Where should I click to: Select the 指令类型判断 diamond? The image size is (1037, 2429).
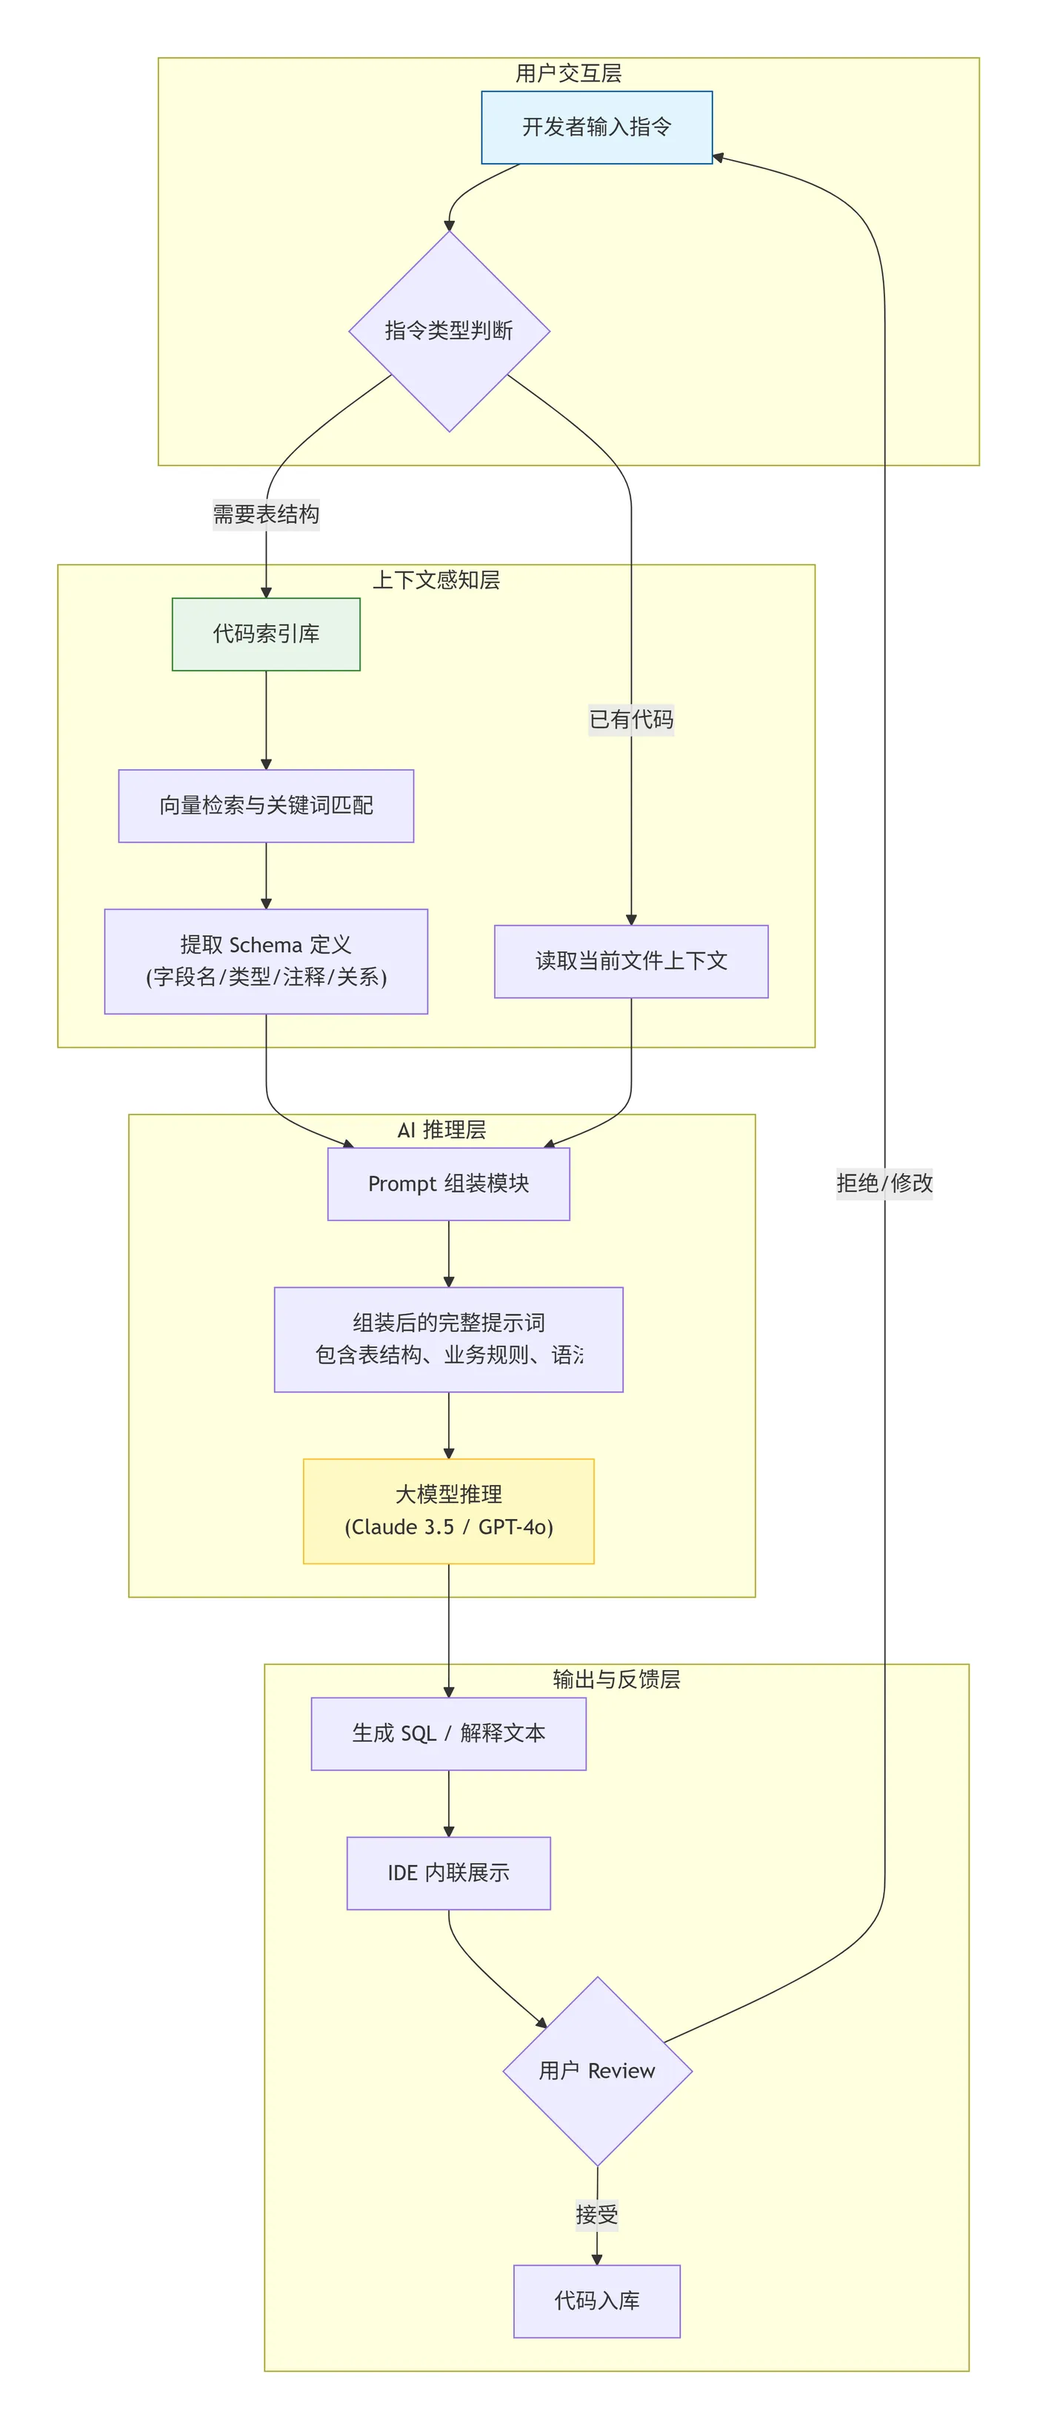coord(449,331)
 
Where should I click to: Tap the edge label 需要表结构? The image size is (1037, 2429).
coord(266,514)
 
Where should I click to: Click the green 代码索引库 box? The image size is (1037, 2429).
coord(266,634)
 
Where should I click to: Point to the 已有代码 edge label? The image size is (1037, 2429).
coord(630,720)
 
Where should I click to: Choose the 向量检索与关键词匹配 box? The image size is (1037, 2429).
coord(266,805)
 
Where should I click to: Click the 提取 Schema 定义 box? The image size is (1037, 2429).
coord(266,961)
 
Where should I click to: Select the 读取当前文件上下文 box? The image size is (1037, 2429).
coord(630,961)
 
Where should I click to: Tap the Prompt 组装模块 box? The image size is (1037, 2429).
coord(449,1183)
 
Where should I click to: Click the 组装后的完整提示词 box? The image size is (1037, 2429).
coord(449,1339)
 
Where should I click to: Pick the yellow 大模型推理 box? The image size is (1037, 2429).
coord(449,1511)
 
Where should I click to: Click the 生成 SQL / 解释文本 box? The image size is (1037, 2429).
coord(449,1733)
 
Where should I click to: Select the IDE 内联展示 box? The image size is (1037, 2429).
coord(449,1873)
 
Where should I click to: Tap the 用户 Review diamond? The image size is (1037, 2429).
coord(597,2070)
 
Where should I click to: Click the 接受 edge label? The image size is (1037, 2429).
coord(597,2214)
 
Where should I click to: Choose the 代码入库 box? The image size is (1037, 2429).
coord(597,2301)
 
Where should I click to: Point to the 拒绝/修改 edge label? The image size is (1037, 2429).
coord(884,1183)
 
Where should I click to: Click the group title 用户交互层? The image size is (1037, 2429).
coord(568,73)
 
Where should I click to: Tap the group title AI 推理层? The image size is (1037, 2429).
coord(441,1129)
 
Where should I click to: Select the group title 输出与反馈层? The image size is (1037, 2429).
coord(616,1678)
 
